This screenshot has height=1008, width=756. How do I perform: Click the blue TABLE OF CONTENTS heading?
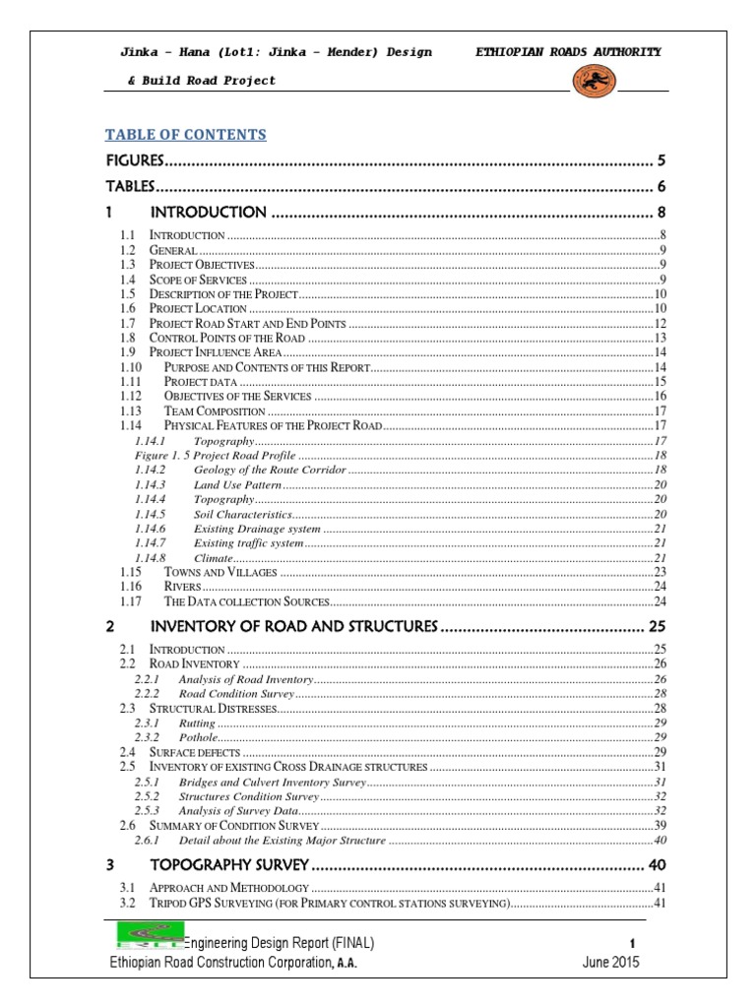point(186,135)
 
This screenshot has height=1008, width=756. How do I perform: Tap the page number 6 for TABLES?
point(662,186)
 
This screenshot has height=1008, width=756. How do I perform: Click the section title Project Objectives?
point(202,266)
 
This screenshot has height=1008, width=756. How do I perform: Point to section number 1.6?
point(126,308)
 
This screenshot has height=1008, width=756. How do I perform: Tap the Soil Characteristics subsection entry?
point(242,514)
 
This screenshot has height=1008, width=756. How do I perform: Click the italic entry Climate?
point(213,557)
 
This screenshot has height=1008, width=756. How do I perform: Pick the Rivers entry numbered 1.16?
point(183,587)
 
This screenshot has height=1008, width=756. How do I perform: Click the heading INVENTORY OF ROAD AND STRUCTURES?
point(292,626)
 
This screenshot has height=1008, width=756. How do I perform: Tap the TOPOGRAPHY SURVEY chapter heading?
point(228,865)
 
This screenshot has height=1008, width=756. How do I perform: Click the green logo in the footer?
point(148,935)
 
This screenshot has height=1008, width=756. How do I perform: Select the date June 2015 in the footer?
point(610,963)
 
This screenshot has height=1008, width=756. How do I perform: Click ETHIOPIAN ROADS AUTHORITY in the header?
point(568,52)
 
